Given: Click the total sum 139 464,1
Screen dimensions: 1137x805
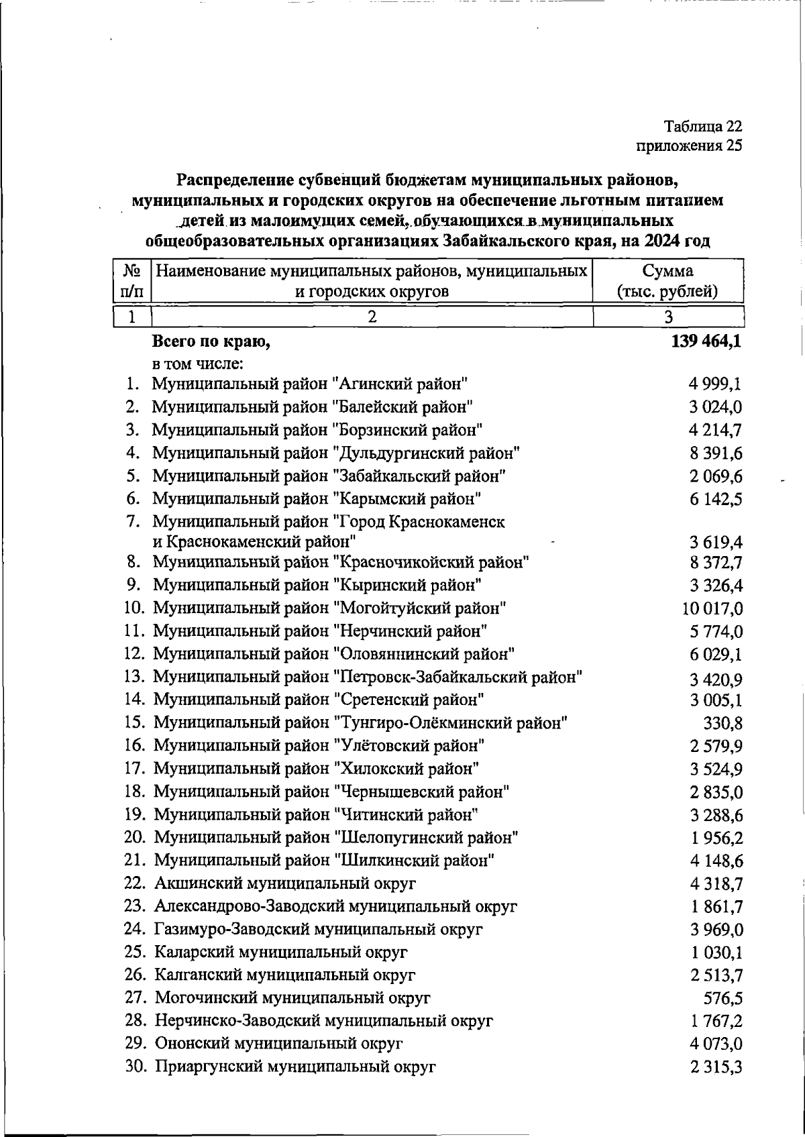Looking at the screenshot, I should [x=706, y=342].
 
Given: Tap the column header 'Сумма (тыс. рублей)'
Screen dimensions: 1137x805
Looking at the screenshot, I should [x=667, y=281].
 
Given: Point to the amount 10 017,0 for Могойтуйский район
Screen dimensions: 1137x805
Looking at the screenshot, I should [x=712, y=609].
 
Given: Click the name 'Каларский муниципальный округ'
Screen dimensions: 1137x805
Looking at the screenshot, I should [x=281, y=953].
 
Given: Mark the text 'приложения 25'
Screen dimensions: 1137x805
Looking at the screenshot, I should [x=689, y=146].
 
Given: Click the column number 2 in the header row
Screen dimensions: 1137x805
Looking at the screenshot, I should [x=372, y=317].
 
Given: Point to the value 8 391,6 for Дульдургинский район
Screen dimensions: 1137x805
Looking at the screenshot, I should [x=715, y=453].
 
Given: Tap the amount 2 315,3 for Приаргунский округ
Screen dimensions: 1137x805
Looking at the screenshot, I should [x=715, y=1067].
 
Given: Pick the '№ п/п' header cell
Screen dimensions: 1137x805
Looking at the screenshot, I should [x=132, y=281].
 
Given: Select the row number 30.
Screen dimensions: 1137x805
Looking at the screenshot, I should [x=135, y=1067].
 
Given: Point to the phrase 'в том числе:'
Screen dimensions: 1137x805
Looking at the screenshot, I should [x=197, y=364].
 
